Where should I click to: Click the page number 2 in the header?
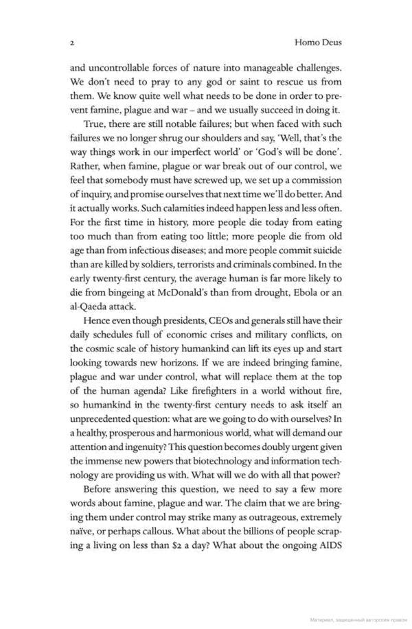coord(71,43)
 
